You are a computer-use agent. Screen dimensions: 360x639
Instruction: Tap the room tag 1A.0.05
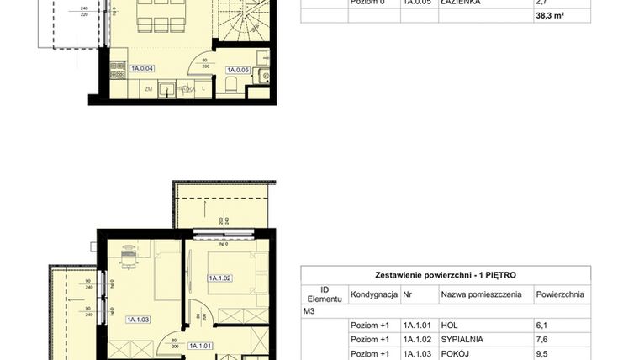coord(240,70)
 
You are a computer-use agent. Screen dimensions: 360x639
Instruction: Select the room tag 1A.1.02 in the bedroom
coord(220,278)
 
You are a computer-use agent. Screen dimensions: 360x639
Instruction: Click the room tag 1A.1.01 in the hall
coord(199,345)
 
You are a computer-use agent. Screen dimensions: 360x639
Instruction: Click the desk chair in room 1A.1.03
coord(128,251)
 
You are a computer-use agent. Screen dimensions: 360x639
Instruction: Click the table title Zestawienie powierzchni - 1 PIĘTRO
coord(446,275)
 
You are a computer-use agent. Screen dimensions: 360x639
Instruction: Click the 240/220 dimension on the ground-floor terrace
coord(84,14)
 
